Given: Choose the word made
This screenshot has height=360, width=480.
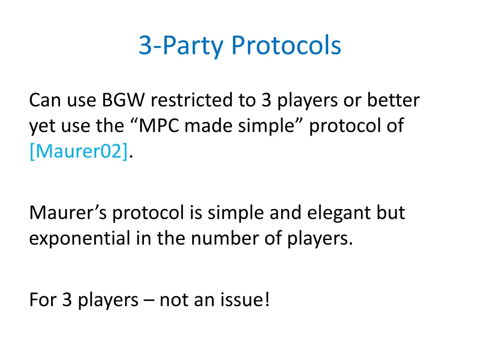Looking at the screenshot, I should pos(206,126).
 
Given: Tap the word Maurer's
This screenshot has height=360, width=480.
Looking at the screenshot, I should pos(68,213).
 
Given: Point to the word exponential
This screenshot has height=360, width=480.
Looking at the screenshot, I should pos(80,239).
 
